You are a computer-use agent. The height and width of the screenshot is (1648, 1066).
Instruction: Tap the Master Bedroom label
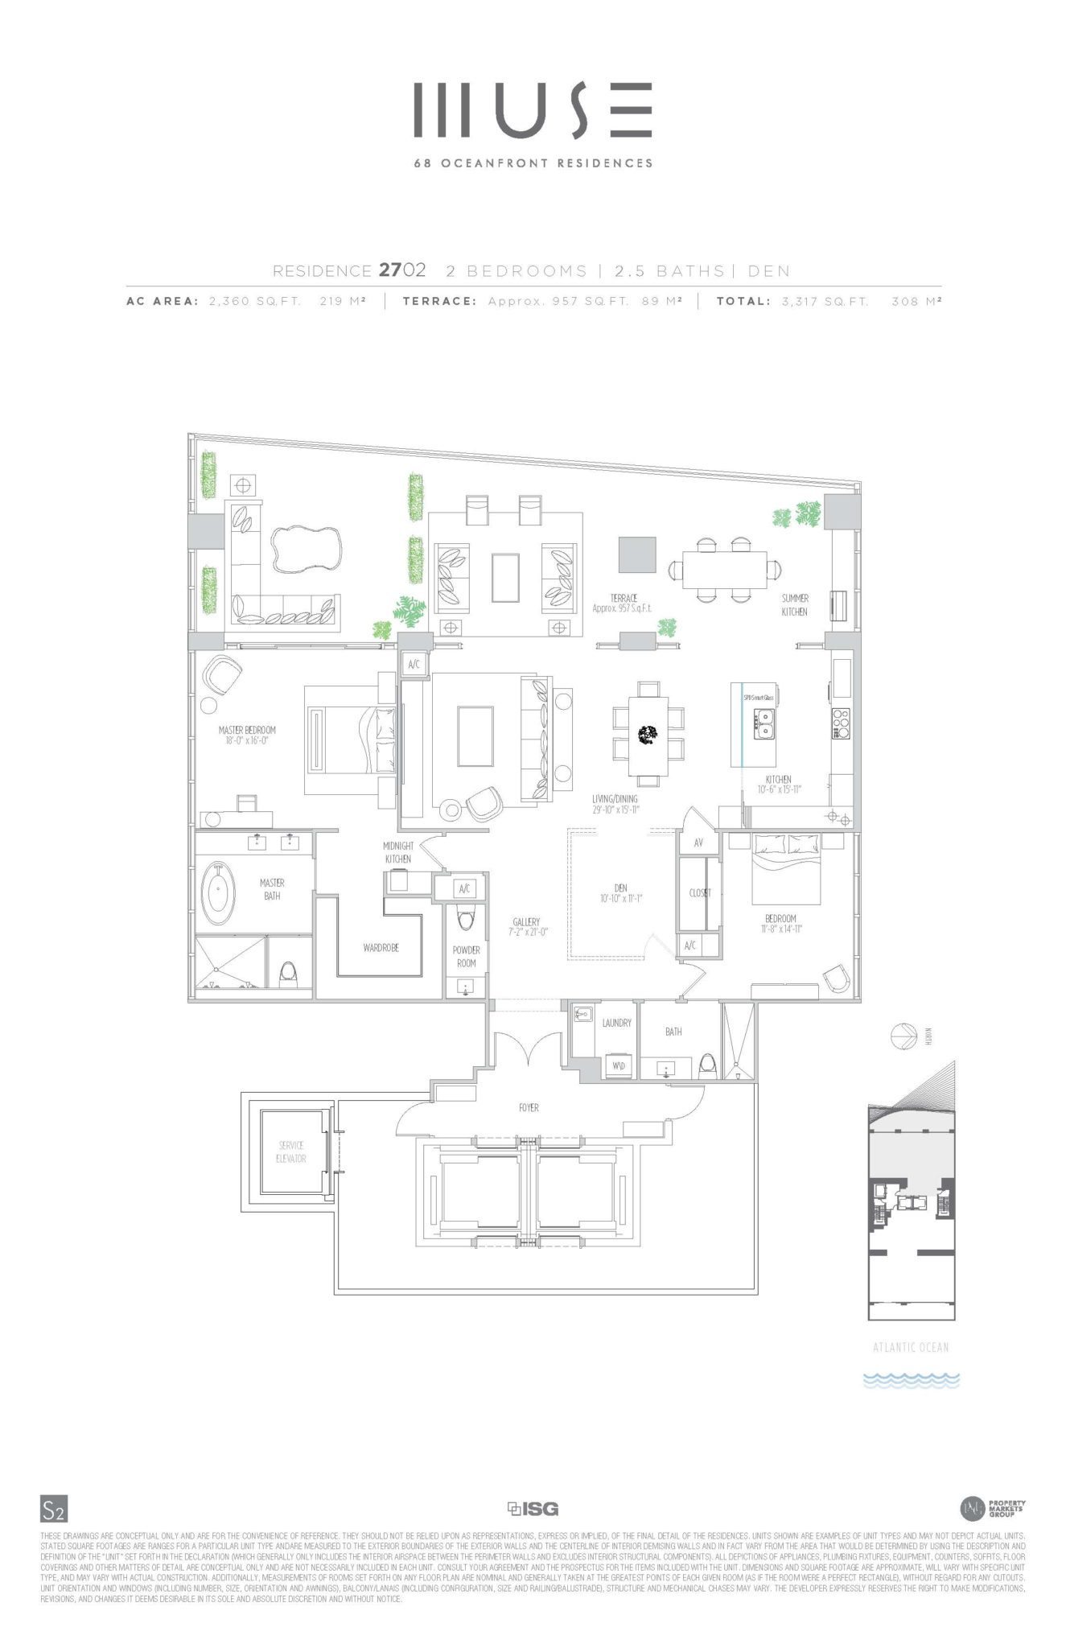tap(247, 730)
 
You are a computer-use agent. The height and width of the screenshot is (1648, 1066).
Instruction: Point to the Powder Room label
tap(466, 956)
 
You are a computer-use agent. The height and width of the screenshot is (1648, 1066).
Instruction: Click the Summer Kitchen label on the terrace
tap(794, 605)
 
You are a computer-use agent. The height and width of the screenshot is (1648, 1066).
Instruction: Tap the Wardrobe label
tap(381, 948)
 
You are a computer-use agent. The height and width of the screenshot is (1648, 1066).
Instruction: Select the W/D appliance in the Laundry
tap(619, 1066)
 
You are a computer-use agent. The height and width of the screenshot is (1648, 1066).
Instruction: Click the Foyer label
tap(529, 1108)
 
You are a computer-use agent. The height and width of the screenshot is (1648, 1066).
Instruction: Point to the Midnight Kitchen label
tap(398, 852)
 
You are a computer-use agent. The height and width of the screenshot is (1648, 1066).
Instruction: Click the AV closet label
tap(698, 843)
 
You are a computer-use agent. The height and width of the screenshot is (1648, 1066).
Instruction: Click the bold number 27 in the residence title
tap(390, 270)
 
